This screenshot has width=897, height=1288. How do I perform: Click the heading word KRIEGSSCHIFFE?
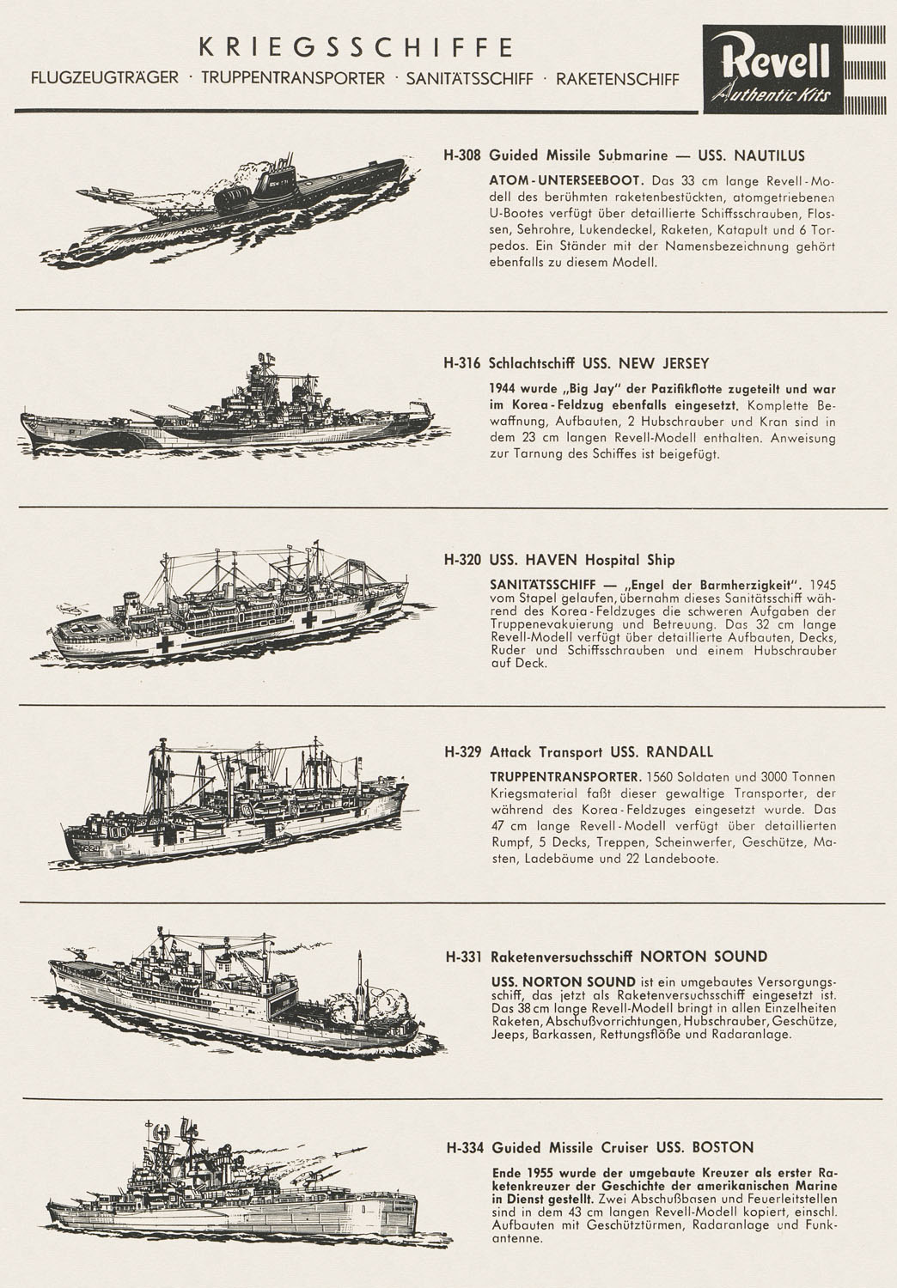pos(356,47)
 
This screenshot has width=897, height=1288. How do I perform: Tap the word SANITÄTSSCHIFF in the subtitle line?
pos(469,79)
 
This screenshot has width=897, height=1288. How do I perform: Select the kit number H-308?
pos(462,155)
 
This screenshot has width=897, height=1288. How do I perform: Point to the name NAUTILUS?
pos(770,155)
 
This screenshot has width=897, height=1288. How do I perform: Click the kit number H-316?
pos(462,363)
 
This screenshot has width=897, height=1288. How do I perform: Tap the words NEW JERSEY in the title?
pos(663,363)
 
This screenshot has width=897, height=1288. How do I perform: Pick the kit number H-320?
pos(462,560)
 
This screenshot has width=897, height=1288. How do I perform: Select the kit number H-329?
pos(463,751)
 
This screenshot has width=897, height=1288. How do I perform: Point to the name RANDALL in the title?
pos(680,751)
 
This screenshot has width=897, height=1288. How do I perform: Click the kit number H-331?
pos(464,957)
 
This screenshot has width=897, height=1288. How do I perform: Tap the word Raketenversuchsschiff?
pos(561,957)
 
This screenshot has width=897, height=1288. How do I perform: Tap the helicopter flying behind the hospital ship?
pos(72,607)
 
